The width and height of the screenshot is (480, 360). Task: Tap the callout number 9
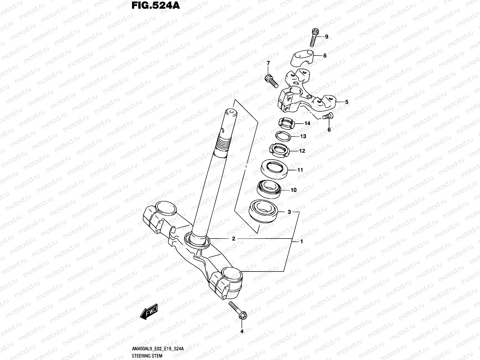pos(327,37)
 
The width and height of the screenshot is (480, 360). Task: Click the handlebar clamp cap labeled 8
pos(307,58)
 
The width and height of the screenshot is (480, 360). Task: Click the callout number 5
pos(347,102)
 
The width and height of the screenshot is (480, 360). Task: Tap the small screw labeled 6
pos(327,116)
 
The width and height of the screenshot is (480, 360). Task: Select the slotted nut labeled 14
pos(286,123)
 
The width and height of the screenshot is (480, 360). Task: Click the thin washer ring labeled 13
pos(284,136)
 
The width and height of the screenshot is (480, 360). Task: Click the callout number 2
pos(233,239)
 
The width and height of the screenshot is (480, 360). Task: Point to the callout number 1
pos(301,241)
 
